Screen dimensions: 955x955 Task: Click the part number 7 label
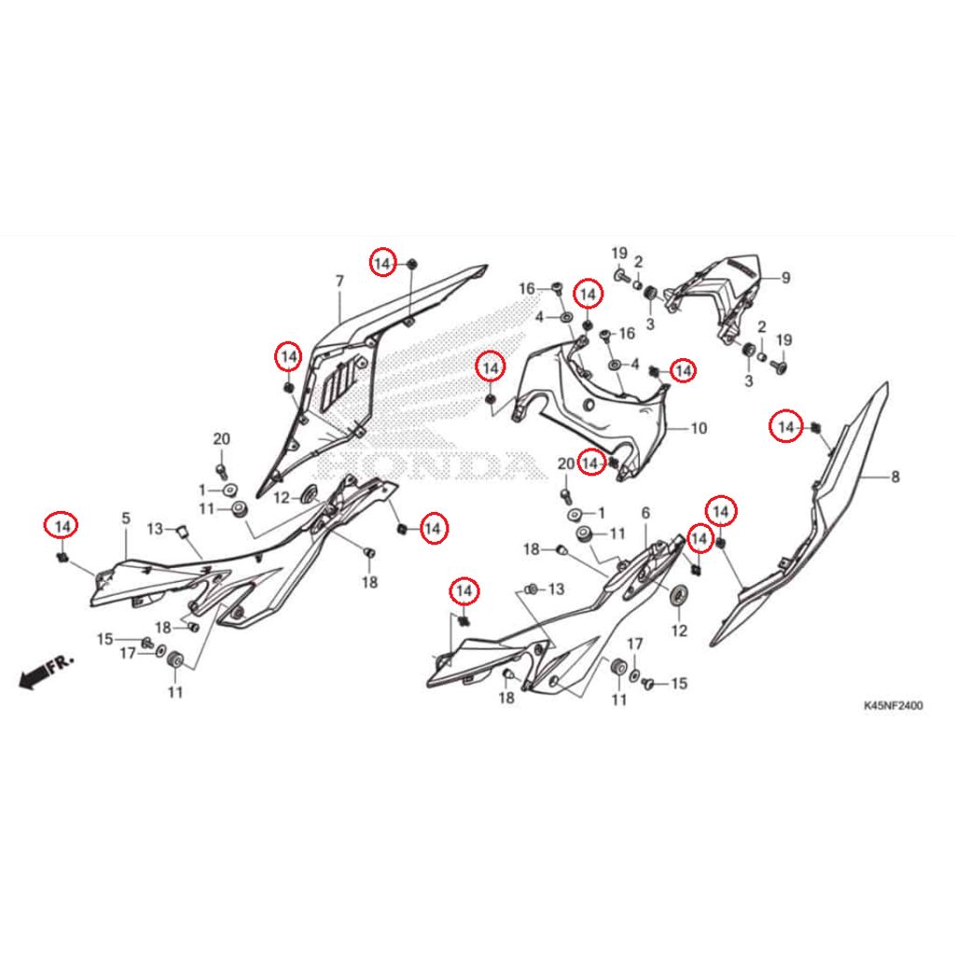339,282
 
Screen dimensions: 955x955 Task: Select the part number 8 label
894,477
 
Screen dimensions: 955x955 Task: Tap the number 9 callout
785,278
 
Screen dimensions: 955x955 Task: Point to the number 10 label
699,429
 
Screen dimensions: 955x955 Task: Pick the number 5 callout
126,519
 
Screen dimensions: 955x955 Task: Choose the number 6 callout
645,514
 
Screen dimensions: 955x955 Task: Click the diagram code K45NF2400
893,706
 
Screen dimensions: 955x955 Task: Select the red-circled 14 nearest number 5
62,526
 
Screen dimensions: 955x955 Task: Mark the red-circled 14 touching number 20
590,464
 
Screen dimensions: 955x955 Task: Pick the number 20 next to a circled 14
566,464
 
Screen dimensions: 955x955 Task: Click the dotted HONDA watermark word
426,466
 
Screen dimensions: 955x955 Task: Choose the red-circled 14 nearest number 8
786,427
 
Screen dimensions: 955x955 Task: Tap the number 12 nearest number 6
679,631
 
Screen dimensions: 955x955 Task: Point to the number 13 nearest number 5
155,529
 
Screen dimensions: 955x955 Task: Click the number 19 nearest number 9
783,339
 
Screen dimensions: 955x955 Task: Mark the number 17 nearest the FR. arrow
127,654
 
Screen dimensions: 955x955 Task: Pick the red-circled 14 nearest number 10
683,370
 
